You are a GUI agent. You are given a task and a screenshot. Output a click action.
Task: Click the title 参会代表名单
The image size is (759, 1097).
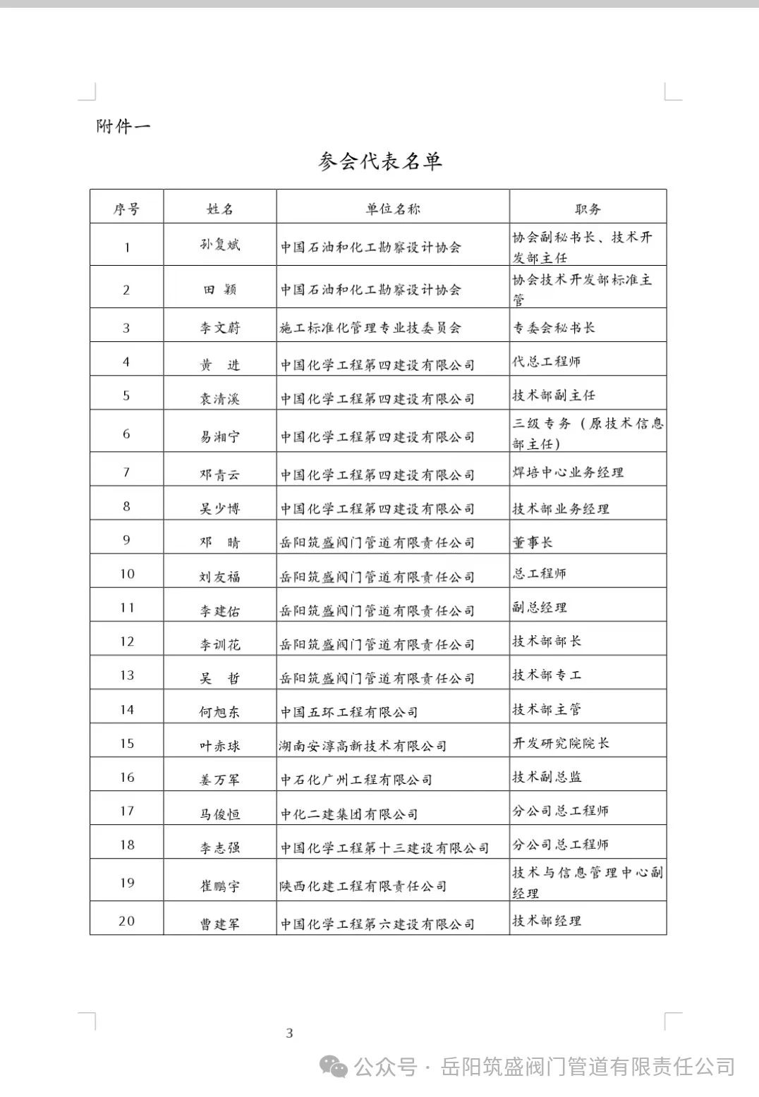point(380,162)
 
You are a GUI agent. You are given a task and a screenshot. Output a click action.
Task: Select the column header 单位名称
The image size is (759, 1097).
point(392,209)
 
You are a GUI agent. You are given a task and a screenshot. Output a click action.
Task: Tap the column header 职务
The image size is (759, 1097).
point(587,209)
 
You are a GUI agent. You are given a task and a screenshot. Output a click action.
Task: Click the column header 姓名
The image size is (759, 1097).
point(219,209)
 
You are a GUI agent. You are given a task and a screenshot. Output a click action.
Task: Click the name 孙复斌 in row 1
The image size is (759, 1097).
point(219,245)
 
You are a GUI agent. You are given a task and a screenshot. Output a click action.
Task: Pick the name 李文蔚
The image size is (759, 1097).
point(219,328)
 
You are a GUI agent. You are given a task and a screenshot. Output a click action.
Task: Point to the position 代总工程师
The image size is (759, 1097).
point(547,362)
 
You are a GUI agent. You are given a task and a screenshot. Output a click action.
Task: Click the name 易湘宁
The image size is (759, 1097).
point(219,436)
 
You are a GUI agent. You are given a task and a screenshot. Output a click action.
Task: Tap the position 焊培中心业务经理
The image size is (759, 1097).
point(568,472)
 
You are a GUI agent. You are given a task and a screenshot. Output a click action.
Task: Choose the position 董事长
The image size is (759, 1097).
point(533,541)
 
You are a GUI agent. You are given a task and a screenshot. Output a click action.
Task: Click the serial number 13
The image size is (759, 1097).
point(127,675)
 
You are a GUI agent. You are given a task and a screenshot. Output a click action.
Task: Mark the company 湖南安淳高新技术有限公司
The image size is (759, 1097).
point(363,746)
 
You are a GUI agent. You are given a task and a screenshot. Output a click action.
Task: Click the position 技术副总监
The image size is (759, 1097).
point(547,777)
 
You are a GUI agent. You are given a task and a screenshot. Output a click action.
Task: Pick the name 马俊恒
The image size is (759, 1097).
point(219,814)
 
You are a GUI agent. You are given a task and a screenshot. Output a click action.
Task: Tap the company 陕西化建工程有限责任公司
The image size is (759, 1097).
point(363,886)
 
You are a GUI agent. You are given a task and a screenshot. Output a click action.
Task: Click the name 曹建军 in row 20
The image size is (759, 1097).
point(219,924)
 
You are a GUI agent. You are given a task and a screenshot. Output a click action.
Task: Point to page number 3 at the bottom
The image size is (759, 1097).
point(289,1034)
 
